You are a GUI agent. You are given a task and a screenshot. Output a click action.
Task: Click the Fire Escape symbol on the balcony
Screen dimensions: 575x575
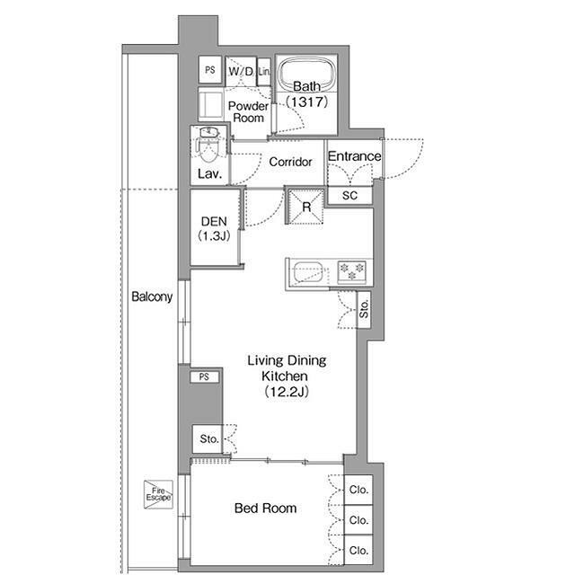click(x=158, y=494)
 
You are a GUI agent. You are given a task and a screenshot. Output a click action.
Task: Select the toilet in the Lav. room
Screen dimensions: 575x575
click(x=208, y=146)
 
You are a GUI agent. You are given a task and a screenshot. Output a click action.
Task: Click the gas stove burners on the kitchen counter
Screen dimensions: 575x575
click(x=351, y=271)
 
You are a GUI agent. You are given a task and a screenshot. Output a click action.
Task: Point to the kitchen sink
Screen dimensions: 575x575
click(x=308, y=272)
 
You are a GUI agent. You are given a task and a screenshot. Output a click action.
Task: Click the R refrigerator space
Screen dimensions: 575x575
click(x=305, y=207)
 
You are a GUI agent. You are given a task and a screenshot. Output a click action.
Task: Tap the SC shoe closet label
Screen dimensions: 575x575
click(x=349, y=196)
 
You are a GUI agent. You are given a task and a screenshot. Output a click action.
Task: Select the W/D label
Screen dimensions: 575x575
click(x=241, y=71)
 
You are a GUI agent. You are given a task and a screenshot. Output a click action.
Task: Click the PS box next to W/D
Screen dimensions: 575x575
click(x=210, y=70)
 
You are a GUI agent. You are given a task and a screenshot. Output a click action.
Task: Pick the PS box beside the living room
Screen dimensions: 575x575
click(x=205, y=376)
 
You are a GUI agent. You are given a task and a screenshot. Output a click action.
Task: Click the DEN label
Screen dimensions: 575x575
click(x=214, y=222)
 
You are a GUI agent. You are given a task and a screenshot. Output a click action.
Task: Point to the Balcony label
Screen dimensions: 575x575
click(x=152, y=296)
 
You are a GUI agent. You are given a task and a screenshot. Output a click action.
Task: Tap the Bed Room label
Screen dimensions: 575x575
click(x=266, y=508)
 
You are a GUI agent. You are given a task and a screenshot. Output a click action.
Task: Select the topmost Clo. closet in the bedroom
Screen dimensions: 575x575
click(x=358, y=490)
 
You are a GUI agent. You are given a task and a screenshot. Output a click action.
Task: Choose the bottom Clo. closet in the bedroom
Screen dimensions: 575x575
click(x=358, y=550)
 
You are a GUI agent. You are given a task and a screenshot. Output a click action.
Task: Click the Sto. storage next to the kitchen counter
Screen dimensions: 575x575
click(x=364, y=309)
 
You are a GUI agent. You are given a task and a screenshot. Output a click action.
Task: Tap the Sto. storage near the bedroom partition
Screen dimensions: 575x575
click(x=208, y=438)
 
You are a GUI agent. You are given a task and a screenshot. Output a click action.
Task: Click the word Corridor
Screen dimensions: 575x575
click(x=290, y=162)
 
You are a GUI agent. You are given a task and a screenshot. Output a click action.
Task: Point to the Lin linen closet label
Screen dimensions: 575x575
click(x=264, y=72)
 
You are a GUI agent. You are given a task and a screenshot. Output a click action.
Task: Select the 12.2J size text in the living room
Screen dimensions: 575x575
click(x=287, y=392)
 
